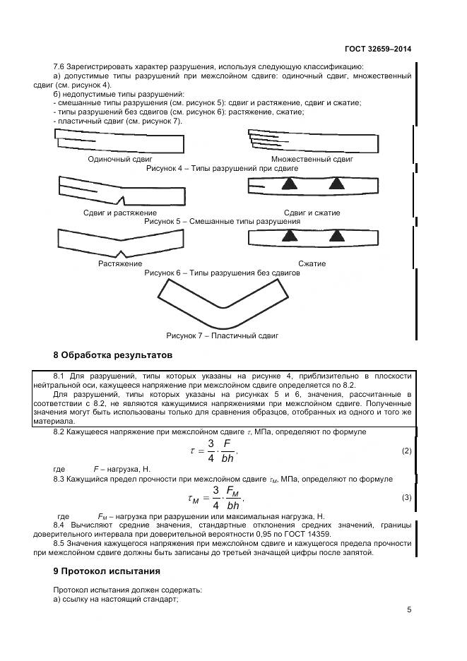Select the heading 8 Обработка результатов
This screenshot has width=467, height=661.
point(112,354)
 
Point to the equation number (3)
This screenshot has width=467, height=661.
point(406,498)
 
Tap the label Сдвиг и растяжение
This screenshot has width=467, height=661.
point(119,213)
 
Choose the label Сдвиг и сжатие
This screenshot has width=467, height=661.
point(312,213)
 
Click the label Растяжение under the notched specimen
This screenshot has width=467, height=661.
point(115,264)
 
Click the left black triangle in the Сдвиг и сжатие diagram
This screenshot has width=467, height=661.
point(288,184)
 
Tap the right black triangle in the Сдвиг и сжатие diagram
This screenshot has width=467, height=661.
point(336,184)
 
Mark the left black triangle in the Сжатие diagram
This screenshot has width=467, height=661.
point(288,237)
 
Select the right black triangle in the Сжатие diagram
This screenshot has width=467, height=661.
point(336,237)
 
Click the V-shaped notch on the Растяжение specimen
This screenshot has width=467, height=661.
point(123,254)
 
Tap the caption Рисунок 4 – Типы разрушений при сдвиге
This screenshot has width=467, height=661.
point(221,169)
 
